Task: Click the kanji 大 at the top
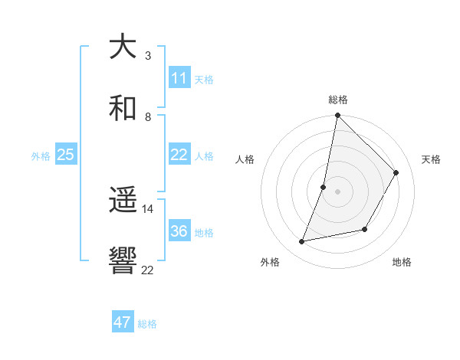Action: [123, 47]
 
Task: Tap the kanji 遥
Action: [123, 201]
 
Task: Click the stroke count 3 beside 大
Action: [148, 55]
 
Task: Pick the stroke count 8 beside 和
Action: [148, 116]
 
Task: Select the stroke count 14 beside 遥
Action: [148, 208]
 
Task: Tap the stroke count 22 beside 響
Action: [148, 269]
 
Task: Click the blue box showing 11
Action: [179, 78]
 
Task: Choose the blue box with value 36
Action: [179, 231]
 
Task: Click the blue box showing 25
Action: [65, 155]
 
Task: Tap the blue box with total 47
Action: [123, 322]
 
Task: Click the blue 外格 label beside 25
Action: [41, 155]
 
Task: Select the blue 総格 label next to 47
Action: [147, 324]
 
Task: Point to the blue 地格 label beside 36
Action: [204, 233]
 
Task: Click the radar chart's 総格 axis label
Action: [338, 100]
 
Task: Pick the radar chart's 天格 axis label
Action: [431, 159]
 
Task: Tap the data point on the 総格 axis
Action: [337, 116]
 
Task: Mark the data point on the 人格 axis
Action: [324, 187]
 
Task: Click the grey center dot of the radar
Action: [337, 191]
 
